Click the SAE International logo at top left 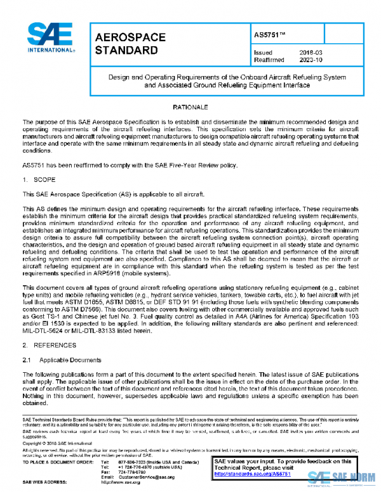(48, 40)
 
